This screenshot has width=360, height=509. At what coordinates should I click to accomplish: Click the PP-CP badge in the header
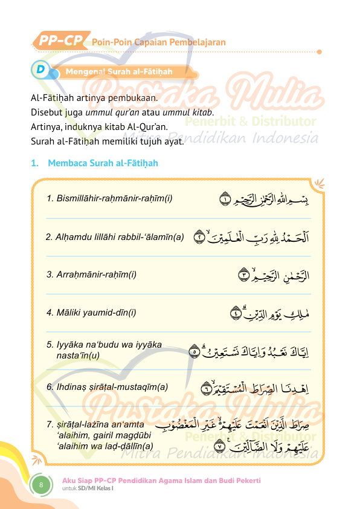pyautogui.click(x=61, y=41)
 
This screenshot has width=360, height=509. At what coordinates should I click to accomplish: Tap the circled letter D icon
pyautogui.click(x=40, y=70)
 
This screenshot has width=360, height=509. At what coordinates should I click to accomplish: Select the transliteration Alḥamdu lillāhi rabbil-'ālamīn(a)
pyautogui.click(x=115, y=237)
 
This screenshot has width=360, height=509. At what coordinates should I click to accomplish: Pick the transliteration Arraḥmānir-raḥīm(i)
pyautogui.click(x=91, y=274)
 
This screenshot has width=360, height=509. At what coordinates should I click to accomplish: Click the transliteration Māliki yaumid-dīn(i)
pyautogui.click(x=91, y=313)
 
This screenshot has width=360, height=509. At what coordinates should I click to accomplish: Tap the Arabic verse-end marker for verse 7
pyautogui.click(x=220, y=448)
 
